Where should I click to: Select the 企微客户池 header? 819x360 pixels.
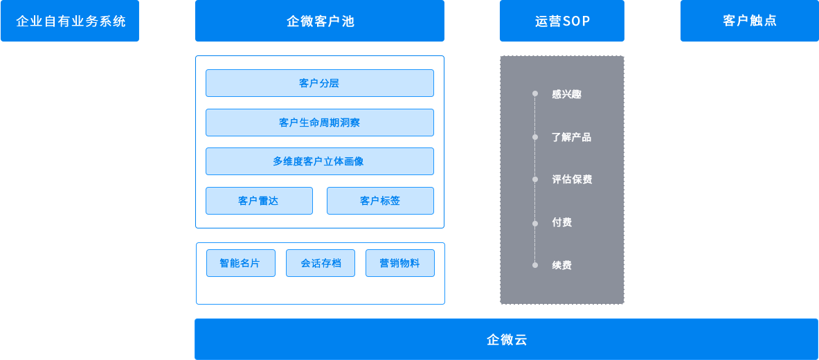pyautogui.click(x=319, y=21)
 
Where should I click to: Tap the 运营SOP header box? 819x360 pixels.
pyautogui.click(x=561, y=21)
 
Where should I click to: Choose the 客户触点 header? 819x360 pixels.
pyautogui.click(x=749, y=21)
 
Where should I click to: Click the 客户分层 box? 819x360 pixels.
pyautogui.click(x=319, y=83)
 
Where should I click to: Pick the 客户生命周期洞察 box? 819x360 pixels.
pyautogui.click(x=319, y=123)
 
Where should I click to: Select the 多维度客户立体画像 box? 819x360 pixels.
pyautogui.click(x=319, y=161)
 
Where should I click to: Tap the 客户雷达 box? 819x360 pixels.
pyautogui.click(x=258, y=201)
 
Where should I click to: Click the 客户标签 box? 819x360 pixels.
pyautogui.click(x=380, y=201)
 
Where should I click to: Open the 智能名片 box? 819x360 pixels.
pyautogui.click(x=240, y=263)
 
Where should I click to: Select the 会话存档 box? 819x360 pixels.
pyautogui.click(x=321, y=263)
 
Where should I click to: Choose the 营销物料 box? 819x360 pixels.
pyautogui.click(x=399, y=263)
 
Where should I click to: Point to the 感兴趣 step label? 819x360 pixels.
pyautogui.click(x=566, y=94)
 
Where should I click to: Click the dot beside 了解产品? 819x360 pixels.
pyautogui.click(x=535, y=137)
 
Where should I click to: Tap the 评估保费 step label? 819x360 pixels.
pyautogui.click(x=572, y=179)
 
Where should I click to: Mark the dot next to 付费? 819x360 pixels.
pyautogui.click(x=535, y=223)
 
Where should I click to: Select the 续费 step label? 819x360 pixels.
pyautogui.click(x=561, y=265)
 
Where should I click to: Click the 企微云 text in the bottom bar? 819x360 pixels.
pyautogui.click(x=507, y=339)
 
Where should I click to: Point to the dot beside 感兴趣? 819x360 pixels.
pyautogui.click(x=535, y=93)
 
